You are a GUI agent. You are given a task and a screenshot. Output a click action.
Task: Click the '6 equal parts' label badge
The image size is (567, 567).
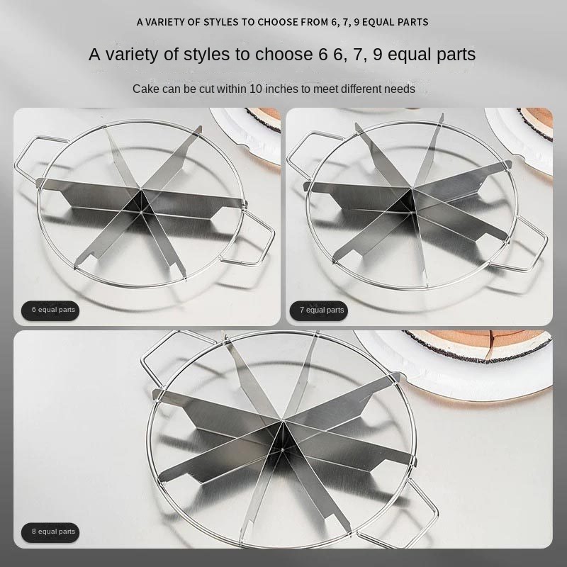pos(50,310)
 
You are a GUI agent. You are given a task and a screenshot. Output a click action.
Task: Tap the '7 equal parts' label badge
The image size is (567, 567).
pos(318,310)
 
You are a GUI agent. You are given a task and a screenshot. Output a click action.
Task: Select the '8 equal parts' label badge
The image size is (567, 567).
pos(50,532)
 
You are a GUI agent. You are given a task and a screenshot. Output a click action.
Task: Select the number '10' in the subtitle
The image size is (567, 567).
pos(256,89)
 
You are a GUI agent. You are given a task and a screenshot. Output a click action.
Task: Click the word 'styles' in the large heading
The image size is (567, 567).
pos(206,55)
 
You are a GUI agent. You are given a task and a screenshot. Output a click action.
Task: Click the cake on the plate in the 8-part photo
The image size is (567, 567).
pos(481,345)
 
